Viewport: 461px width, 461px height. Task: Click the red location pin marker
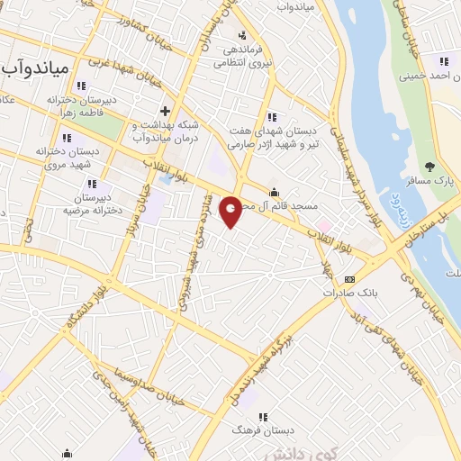pyautogui.click(x=231, y=211)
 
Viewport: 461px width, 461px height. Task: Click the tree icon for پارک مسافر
pyautogui.click(x=429, y=166)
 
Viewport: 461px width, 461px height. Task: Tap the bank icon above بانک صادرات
pyautogui.click(x=349, y=279)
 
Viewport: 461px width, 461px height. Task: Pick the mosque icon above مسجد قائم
pyautogui.click(x=275, y=192)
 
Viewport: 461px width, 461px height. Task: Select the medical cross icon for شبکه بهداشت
pyautogui.click(x=165, y=111)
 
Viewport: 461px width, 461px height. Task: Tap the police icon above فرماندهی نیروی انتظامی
pyautogui.click(x=241, y=34)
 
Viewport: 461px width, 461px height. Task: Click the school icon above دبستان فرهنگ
pyautogui.click(x=264, y=417)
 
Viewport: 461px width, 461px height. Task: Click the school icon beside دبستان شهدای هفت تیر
pyautogui.click(x=272, y=117)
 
